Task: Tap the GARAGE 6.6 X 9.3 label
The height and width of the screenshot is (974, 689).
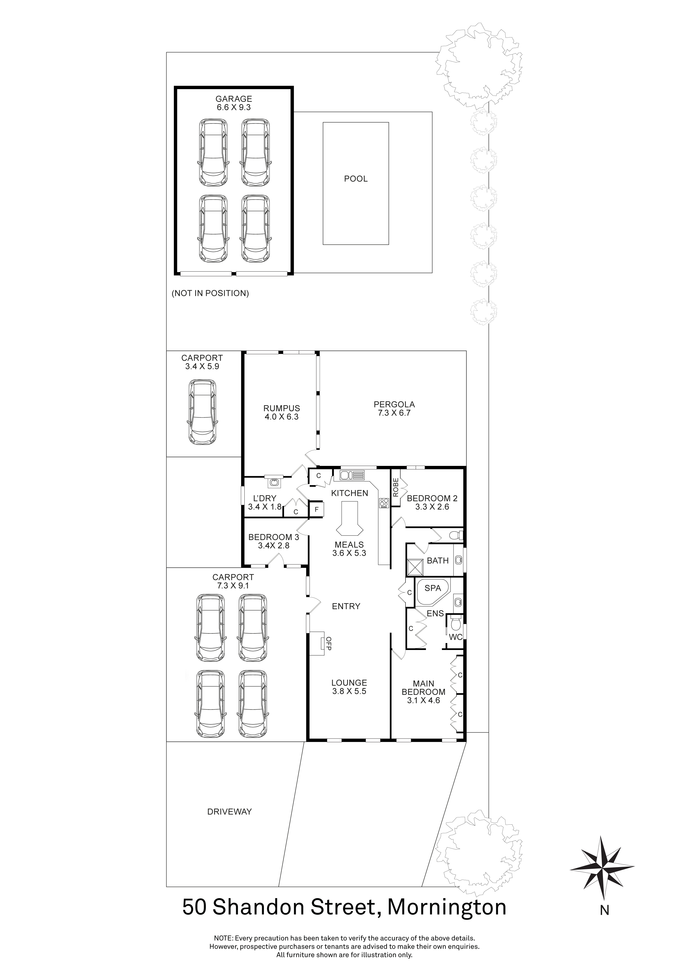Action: (x=234, y=103)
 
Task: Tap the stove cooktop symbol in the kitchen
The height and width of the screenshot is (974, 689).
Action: (x=384, y=503)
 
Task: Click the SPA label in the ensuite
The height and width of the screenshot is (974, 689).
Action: (x=433, y=588)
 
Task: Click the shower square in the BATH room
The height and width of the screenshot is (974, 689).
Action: (x=415, y=567)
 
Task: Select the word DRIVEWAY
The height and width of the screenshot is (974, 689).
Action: (x=229, y=812)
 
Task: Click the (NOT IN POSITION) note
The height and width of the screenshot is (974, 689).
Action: (x=210, y=293)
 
